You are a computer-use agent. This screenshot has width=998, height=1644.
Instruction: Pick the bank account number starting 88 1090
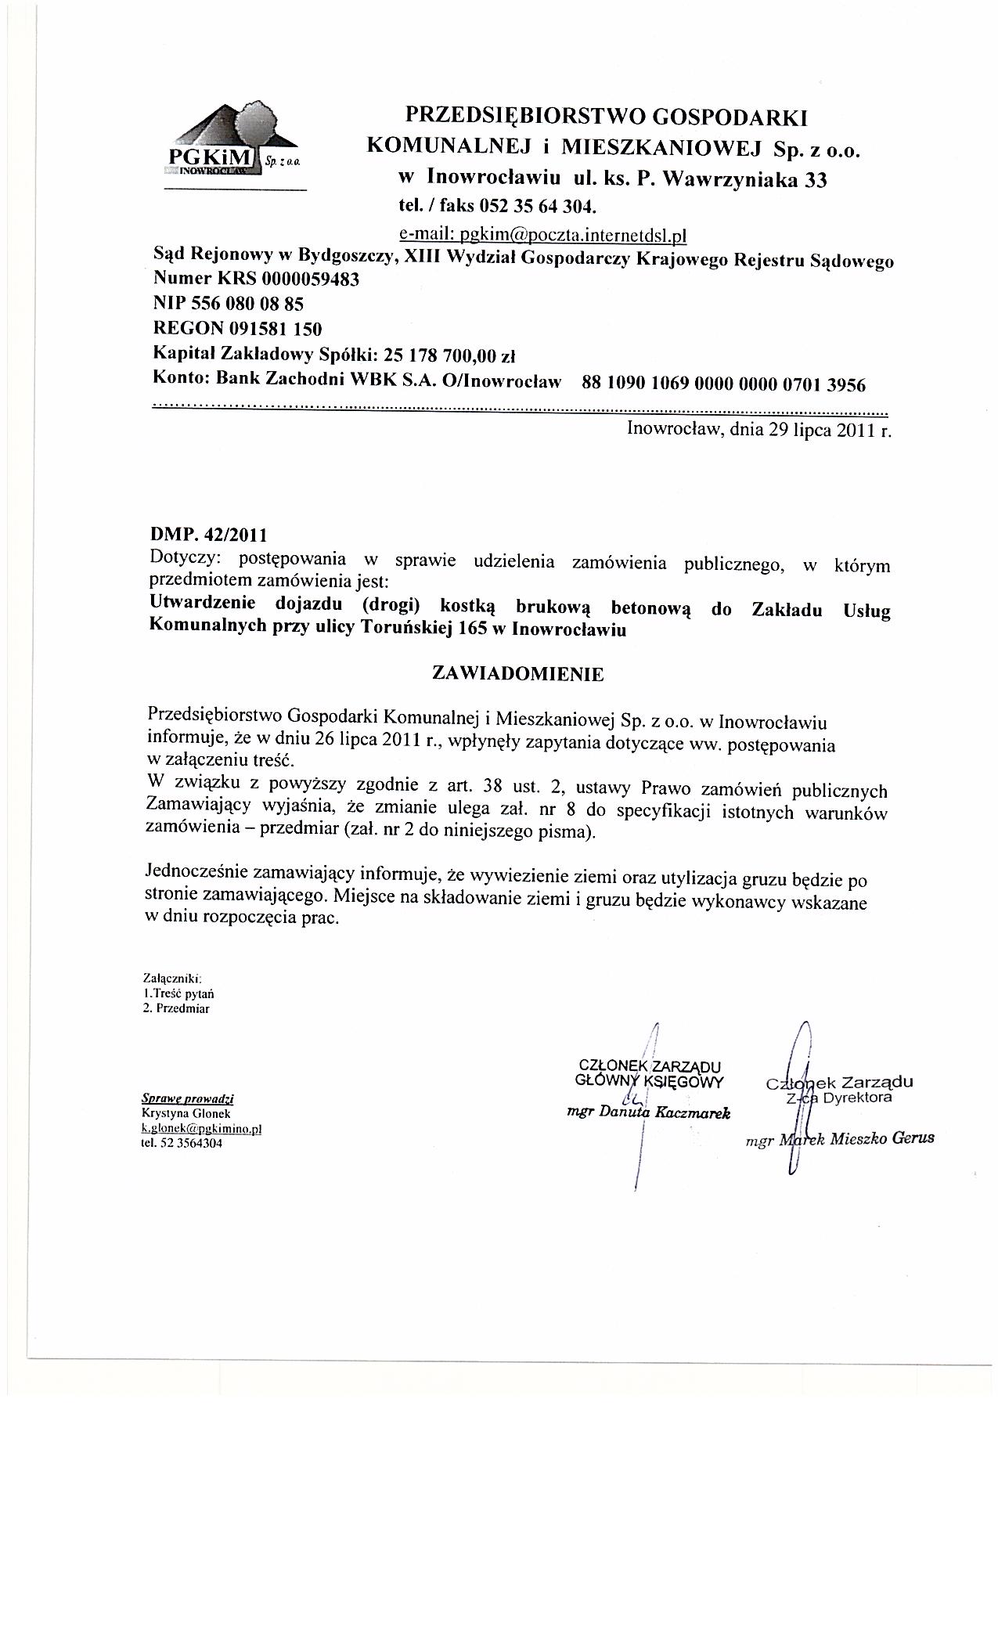click(x=724, y=384)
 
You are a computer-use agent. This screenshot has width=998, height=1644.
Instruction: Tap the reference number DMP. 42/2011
click(x=208, y=536)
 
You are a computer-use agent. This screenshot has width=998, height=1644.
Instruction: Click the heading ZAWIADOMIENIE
click(x=518, y=674)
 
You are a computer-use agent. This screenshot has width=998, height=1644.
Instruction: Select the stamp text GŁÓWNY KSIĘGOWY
click(x=649, y=1081)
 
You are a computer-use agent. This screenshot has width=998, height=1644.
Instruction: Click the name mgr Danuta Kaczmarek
click(x=648, y=1113)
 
